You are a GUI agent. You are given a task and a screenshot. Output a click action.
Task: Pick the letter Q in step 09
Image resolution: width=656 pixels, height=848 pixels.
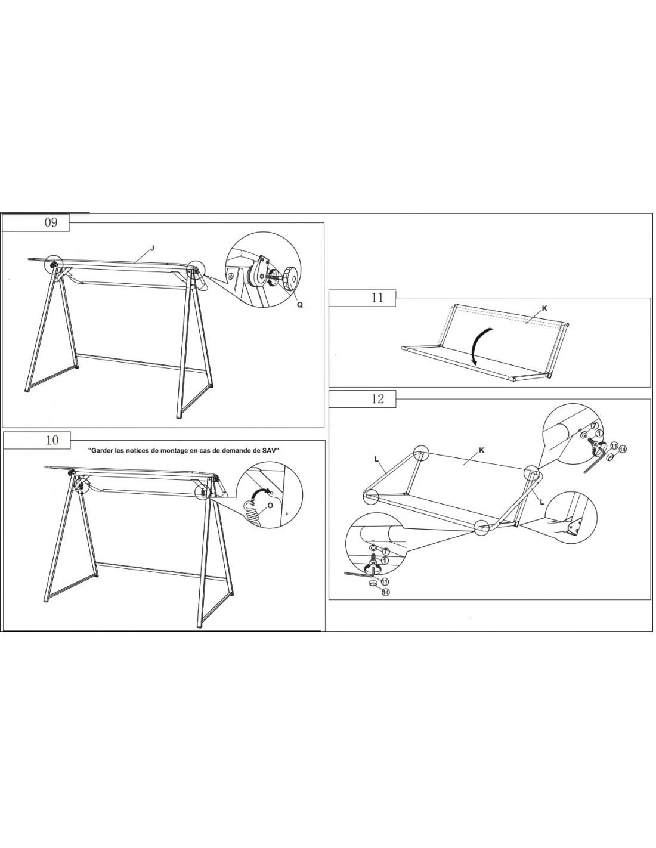click(x=299, y=305)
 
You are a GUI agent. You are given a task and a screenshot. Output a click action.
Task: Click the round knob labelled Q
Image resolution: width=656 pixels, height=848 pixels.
click(x=290, y=277)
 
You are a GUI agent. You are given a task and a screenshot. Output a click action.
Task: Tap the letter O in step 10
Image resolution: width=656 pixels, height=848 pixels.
click(x=270, y=505)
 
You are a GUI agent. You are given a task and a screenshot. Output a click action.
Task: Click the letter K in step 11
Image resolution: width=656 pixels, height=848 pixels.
click(x=544, y=308)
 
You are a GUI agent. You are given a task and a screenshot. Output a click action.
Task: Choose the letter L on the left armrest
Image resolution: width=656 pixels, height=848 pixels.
click(x=376, y=458)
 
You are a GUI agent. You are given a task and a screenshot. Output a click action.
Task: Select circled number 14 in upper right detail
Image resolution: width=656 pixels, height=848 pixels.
click(x=623, y=450)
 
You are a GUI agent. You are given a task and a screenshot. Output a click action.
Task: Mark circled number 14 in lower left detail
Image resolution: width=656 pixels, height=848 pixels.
click(x=385, y=592)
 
